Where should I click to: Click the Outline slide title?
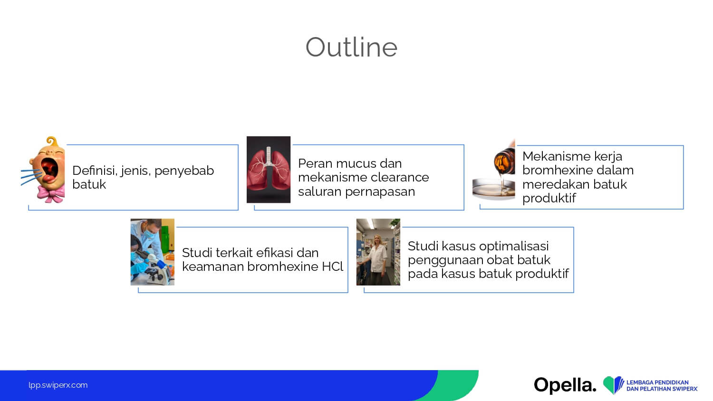[x=351, y=47]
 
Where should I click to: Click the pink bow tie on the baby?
[x=51, y=193]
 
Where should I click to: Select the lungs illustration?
[x=269, y=170]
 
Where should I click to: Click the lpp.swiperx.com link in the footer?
[x=58, y=385]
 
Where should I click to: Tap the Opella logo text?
[x=565, y=385]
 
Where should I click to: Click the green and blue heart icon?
[x=613, y=385]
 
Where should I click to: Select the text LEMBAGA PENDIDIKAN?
[x=657, y=382]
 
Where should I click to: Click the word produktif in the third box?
[x=549, y=198]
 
